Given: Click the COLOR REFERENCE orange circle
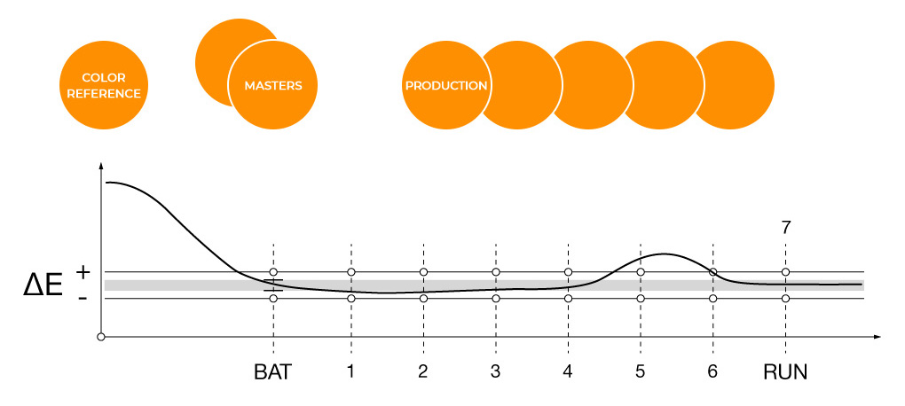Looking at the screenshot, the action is [104, 85].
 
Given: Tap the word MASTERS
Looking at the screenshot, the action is [273, 85].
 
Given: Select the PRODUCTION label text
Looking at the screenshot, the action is [446, 85].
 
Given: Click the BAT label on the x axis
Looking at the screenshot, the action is [273, 372].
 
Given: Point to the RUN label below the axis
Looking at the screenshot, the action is [785, 372].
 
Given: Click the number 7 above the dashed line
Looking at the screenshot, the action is [785, 228].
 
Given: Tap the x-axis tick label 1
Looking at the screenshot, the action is [351, 372].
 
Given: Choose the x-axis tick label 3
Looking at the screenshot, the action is [495, 372].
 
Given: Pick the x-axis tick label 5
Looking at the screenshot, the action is [640, 372].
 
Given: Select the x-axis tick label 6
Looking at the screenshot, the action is [712, 372].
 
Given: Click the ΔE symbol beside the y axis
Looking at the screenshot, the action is [43, 286].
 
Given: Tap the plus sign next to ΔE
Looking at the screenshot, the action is [83, 273].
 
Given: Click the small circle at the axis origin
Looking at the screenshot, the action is [101, 337].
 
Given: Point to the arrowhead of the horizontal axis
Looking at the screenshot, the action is [877, 337].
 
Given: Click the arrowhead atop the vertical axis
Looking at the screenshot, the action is [101, 167].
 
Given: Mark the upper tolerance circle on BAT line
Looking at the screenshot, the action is [273, 271].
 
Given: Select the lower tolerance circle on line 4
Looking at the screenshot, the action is [568, 298].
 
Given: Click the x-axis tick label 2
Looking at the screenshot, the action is [423, 372].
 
